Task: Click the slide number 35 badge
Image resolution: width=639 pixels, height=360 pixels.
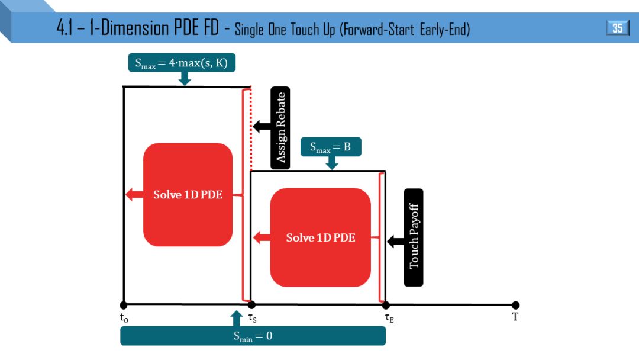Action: (617, 28)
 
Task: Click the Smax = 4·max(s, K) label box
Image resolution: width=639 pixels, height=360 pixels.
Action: (181, 62)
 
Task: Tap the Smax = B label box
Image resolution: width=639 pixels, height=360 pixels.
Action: (331, 147)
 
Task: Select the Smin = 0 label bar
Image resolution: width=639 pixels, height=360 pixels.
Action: (253, 336)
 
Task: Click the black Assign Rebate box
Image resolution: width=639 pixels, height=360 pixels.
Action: (281, 127)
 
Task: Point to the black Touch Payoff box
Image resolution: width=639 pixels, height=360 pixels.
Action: (414, 237)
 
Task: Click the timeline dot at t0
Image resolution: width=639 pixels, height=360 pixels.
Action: (123, 305)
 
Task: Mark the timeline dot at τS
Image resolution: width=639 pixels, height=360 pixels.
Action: (251, 305)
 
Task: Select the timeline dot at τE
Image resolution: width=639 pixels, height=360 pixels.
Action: (386, 305)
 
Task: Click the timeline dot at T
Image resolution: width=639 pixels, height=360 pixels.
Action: (515, 305)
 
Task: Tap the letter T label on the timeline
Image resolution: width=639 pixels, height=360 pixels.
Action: (515, 317)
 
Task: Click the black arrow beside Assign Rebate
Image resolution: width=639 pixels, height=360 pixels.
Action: (261, 127)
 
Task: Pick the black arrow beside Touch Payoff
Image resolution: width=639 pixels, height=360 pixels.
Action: (395, 241)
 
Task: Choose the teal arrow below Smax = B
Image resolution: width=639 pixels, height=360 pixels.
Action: (332, 163)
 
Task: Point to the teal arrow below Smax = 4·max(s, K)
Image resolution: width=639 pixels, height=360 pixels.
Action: (185, 78)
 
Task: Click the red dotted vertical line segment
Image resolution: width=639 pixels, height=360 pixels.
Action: (251, 130)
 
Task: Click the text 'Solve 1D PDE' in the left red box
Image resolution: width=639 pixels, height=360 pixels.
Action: (188, 194)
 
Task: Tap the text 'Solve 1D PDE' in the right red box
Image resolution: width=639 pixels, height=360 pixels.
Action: (321, 237)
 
